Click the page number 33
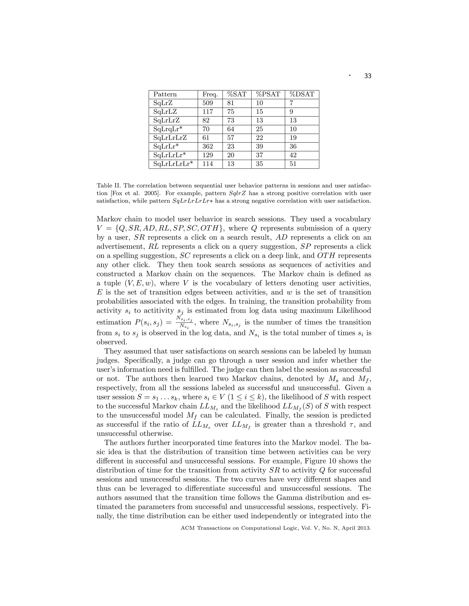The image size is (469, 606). (367, 76)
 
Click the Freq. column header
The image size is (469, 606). (210, 94)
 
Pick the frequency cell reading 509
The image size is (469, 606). (207, 103)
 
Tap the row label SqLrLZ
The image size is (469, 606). (165, 112)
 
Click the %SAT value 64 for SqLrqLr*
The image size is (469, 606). (231, 129)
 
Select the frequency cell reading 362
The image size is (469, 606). (207, 147)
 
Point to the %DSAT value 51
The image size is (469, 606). (293, 164)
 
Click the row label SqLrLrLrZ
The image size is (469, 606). (170, 138)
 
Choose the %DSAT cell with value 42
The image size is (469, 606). (293, 155)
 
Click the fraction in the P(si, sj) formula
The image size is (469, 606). (184, 323)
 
